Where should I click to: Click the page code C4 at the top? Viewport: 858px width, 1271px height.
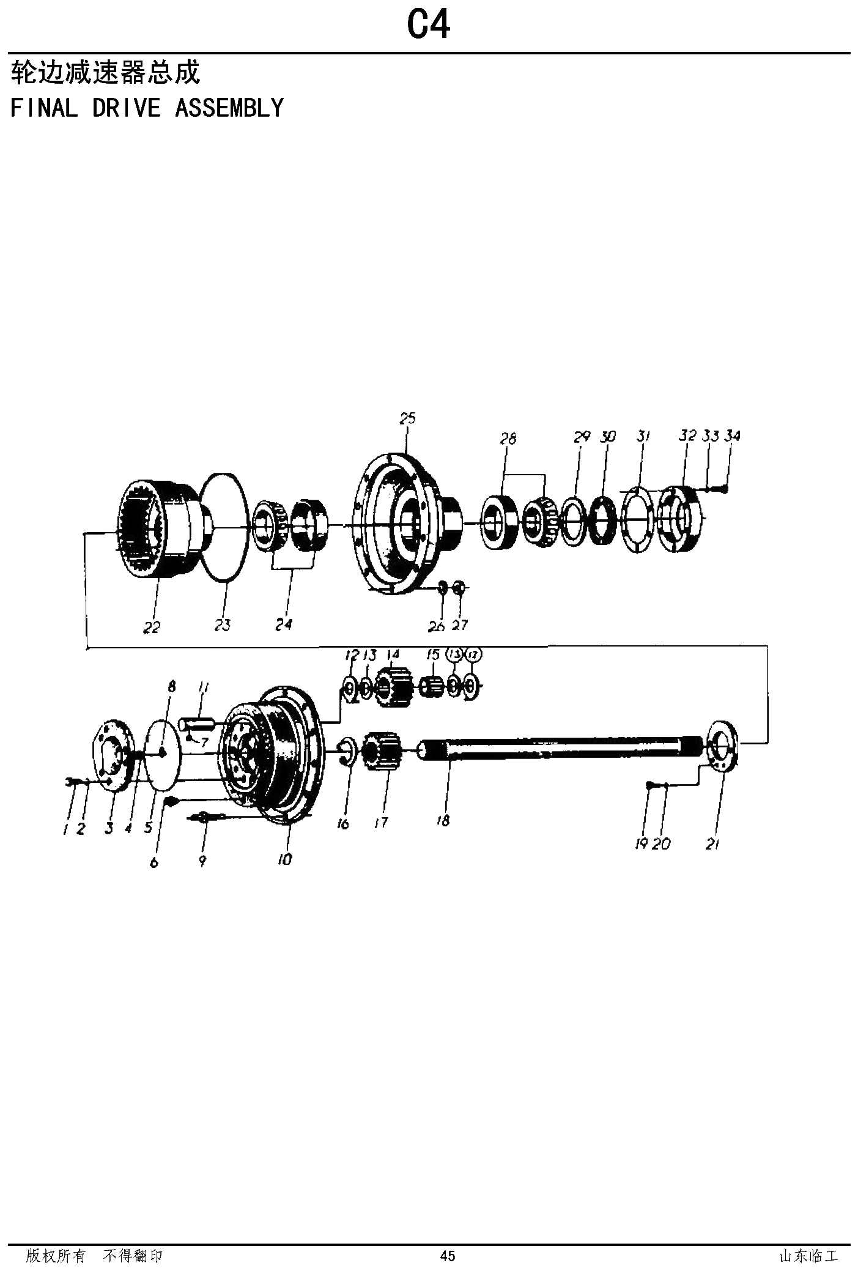428,25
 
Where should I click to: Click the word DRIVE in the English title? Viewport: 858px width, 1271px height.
126,108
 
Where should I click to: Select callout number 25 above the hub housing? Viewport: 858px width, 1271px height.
407,419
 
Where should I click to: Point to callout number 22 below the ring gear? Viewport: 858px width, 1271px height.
151,627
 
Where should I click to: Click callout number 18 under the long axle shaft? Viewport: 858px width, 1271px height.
443,821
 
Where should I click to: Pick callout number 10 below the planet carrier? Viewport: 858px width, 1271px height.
284,859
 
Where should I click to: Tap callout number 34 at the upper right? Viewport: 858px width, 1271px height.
732,436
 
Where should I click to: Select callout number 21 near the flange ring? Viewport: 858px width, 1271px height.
712,844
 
